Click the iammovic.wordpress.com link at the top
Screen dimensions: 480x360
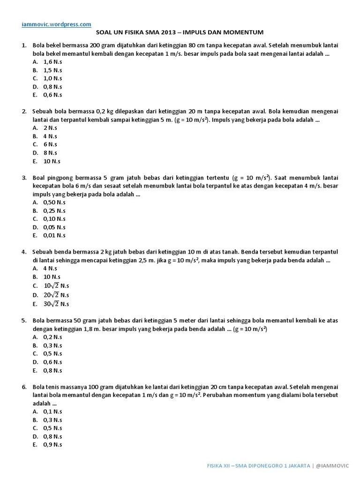[x=56, y=23]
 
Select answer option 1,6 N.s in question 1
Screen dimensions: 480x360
[x=52, y=61]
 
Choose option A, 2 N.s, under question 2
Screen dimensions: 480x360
[x=50, y=127]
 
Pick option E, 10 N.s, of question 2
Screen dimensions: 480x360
[x=52, y=161]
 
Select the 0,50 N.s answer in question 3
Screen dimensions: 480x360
[x=54, y=202]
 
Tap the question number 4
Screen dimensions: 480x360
[x=23, y=252]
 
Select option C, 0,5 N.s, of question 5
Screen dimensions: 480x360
[x=52, y=353]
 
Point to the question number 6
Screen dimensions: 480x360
[x=23, y=387]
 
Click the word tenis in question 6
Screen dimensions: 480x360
[x=52, y=387]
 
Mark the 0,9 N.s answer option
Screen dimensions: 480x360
[x=52, y=444]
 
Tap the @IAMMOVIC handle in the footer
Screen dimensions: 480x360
[x=334, y=465]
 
